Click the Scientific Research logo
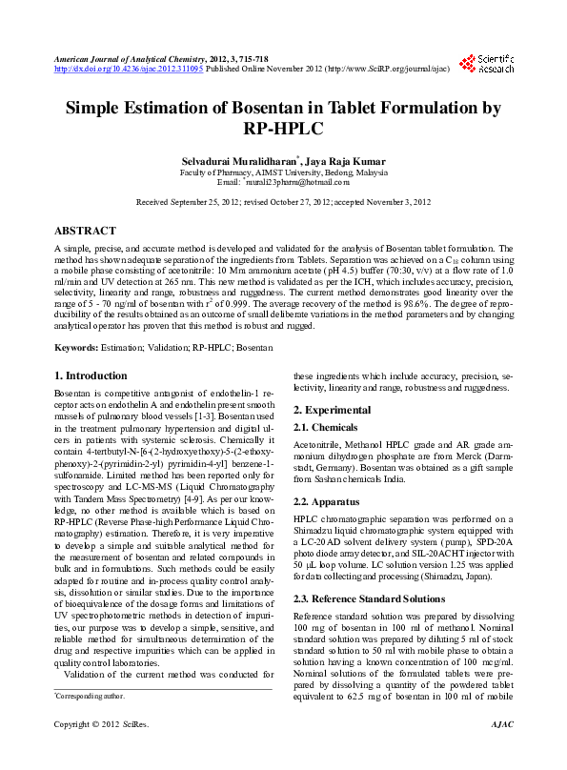point(487,63)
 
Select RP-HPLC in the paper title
point(283,129)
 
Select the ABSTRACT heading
point(86,231)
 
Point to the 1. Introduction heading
point(91,375)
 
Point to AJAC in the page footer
point(501,751)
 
